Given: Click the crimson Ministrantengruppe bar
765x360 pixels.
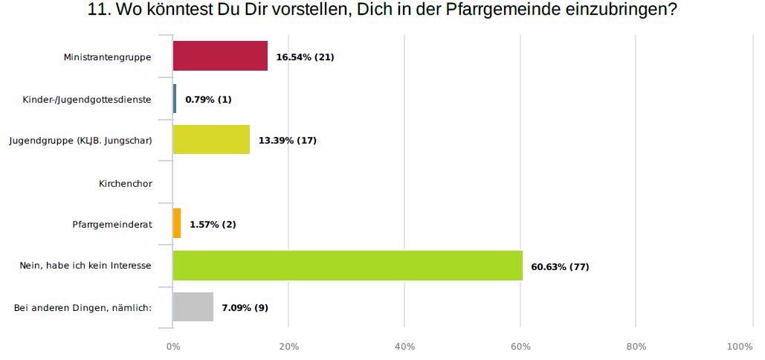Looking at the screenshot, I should pos(220,56).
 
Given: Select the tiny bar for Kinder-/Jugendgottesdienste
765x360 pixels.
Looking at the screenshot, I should pos(175,98).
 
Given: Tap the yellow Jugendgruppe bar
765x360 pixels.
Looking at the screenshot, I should pos(211,140).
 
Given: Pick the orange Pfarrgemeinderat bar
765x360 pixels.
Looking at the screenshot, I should pos(177,223).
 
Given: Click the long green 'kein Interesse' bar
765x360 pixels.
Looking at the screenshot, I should pos(347,266).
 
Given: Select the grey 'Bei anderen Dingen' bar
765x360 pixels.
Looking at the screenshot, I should pos(193,306).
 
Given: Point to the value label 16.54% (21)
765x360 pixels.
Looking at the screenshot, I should pos(305,57).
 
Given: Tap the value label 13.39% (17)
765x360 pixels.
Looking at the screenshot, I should pos(287,141).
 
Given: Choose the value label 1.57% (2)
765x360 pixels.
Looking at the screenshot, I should pos(213,224).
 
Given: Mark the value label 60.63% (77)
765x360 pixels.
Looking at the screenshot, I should pos(560,266).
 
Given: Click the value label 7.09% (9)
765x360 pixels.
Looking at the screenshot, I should pos(245,307).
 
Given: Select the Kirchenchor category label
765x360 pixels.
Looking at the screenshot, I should pos(125,183).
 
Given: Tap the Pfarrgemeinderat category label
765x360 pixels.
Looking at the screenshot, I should pos(112,225).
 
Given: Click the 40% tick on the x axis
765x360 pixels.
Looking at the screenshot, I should pos(404,347).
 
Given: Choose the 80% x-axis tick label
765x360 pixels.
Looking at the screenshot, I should pos(636,347).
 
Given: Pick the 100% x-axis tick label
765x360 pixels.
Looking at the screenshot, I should pos(740,347).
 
